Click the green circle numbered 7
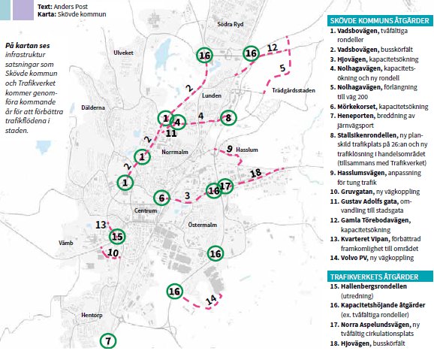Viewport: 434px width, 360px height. coord(108,341)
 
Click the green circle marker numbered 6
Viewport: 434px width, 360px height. coord(161,198)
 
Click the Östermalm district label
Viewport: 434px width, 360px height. coord(202,225)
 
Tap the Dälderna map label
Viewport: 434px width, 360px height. coord(94,108)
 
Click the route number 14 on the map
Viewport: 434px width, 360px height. coord(212,299)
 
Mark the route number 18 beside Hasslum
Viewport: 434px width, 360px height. coord(255,173)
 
